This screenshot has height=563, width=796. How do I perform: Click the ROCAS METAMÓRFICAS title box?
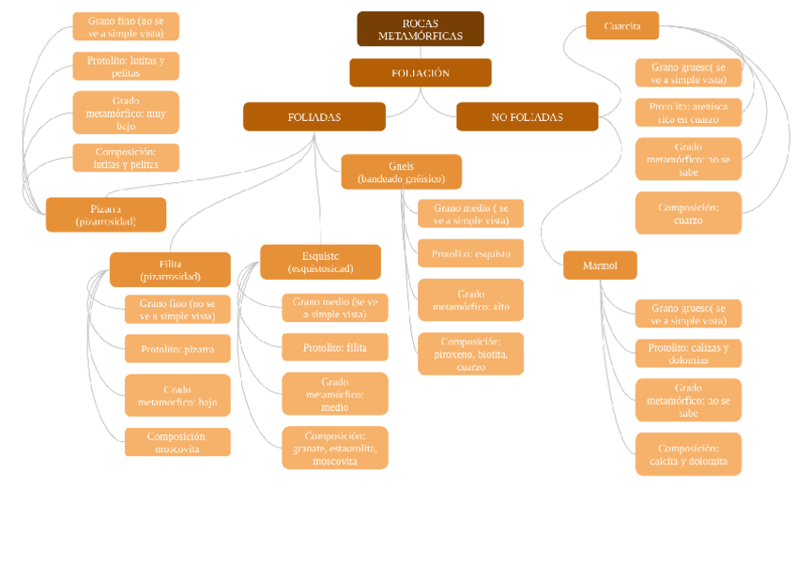click(x=420, y=29)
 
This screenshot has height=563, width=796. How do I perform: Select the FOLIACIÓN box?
click(x=420, y=73)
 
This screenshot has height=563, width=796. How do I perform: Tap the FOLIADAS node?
click(x=314, y=117)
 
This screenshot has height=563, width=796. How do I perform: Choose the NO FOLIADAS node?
click(x=527, y=117)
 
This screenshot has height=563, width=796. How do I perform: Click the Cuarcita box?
click(x=621, y=26)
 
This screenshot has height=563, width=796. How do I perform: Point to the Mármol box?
click(x=600, y=266)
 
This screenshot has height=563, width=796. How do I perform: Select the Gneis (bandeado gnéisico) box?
click(x=401, y=172)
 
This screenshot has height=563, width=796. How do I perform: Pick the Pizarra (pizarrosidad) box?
click(x=106, y=215)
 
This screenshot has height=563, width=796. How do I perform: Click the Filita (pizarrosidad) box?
click(x=170, y=270)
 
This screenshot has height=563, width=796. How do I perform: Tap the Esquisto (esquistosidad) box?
click(x=320, y=263)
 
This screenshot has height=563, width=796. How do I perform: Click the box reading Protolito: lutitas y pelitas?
click(x=126, y=67)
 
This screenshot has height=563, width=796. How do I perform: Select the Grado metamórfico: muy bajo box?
click(x=126, y=113)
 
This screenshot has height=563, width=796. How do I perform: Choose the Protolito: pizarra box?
click(x=177, y=349)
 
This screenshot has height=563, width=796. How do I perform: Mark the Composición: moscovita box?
click(x=177, y=442)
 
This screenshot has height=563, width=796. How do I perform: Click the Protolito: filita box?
click(x=334, y=347)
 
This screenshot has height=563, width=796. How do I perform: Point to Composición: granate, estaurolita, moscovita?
click(x=334, y=448)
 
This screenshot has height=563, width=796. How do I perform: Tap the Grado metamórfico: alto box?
click(x=470, y=300)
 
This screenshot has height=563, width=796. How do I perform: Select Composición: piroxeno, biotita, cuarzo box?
click(x=470, y=354)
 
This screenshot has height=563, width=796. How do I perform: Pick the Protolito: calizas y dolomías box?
click(x=688, y=354)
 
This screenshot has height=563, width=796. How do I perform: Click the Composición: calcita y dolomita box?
click(x=688, y=454)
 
